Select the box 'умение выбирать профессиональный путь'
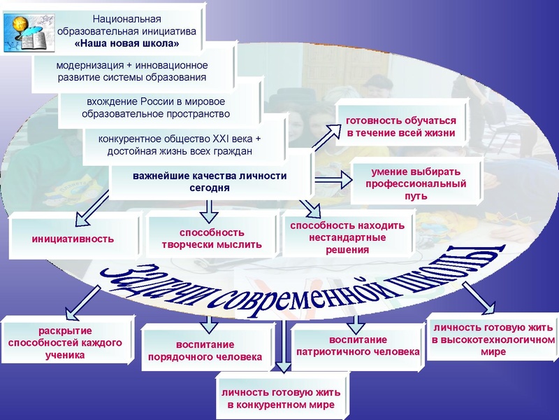pyautogui.click(x=416, y=183)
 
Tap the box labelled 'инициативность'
pyautogui.click(x=73, y=239)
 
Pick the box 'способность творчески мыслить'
pyautogui.click(x=212, y=239)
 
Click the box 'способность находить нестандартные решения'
pyautogui.click(x=347, y=237)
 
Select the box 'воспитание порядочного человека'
pyautogui.click(x=204, y=351)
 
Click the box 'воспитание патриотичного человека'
pyautogui.click(x=357, y=345)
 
